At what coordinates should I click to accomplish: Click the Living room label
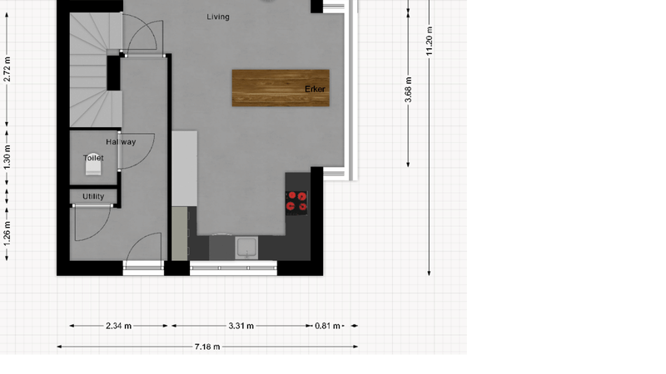click(x=218, y=17)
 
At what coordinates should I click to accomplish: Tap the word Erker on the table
click(x=316, y=89)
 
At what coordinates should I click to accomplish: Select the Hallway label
click(x=121, y=142)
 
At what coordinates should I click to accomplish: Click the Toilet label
click(x=93, y=158)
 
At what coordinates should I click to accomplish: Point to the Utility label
click(x=93, y=196)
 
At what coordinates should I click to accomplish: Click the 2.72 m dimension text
click(x=7, y=70)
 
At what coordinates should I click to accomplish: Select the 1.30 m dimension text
click(x=7, y=157)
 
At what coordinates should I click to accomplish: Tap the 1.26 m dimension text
click(x=7, y=233)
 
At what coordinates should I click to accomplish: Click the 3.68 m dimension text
click(x=408, y=90)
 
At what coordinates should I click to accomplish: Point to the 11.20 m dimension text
click(x=429, y=41)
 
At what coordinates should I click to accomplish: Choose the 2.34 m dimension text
click(x=118, y=326)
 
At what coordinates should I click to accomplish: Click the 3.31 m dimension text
click(x=241, y=326)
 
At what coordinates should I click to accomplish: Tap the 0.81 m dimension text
click(x=327, y=326)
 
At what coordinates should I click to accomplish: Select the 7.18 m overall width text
click(x=207, y=347)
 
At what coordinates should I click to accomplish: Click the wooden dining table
click(x=281, y=88)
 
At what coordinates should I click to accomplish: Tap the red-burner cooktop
click(x=296, y=202)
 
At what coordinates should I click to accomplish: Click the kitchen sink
click(x=246, y=248)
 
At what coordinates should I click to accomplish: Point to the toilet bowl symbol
click(x=93, y=165)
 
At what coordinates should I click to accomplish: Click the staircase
click(x=96, y=70)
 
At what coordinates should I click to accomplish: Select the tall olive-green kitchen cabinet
click(x=180, y=234)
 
